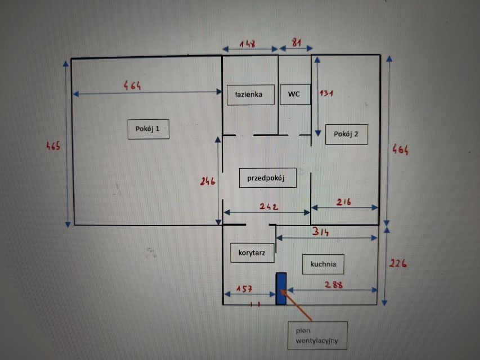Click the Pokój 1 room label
(148, 129)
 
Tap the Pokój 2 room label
(346, 134)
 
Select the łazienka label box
(250, 94)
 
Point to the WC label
(295, 94)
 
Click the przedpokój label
(267, 178)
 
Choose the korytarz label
(252, 253)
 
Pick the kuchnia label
(323, 264)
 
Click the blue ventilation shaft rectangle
(281, 289)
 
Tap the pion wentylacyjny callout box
(317, 335)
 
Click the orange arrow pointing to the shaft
(297, 305)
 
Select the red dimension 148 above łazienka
(248, 44)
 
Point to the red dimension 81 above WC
(296, 43)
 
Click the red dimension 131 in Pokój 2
(326, 93)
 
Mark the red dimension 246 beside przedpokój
(208, 181)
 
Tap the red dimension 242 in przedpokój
(269, 206)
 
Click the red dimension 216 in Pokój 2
(343, 202)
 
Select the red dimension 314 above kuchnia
(321, 232)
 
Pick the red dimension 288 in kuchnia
(334, 285)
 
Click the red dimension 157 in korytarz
(244, 289)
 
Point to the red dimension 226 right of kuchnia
(398, 263)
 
